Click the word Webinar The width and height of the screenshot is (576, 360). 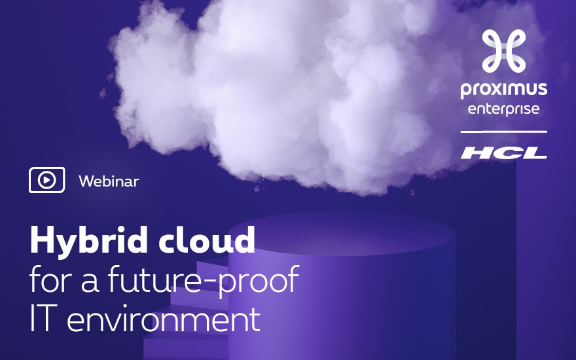pos(109,181)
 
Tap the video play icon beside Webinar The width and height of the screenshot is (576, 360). pos(46,180)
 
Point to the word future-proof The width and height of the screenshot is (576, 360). pos(204,280)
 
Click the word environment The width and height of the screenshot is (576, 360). pos(164,318)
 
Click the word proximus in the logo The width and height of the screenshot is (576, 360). pos(503,90)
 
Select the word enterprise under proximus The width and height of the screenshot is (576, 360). pos(503,109)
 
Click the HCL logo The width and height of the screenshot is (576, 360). pos(504,153)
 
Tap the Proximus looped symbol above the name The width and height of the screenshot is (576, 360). pos(503,50)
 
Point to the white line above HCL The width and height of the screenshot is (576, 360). pos(503,132)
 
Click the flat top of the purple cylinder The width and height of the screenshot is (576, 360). pos(342,233)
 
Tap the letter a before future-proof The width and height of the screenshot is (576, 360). pos(90,283)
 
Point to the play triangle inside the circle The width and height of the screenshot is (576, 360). pos(47,180)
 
